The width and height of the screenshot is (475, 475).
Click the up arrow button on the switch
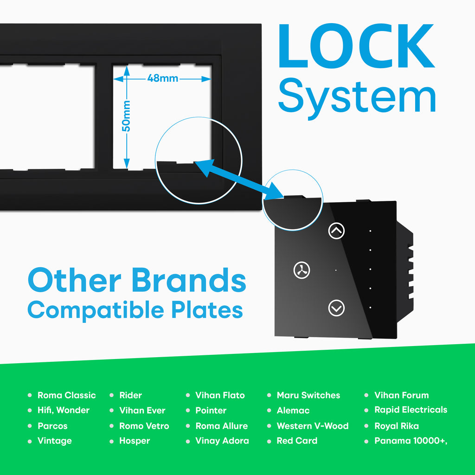(x=336, y=231)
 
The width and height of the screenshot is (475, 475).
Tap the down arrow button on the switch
(x=336, y=308)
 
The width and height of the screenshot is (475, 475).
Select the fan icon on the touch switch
(x=302, y=270)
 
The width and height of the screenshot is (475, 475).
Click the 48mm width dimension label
(x=163, y=78)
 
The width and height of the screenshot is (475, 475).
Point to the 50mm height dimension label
(x=126, y=116)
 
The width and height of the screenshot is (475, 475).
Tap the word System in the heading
(x=357, y=96)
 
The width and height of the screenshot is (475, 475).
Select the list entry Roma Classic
(x=67, y=395)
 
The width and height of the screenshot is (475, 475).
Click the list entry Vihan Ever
(x=142, y=410)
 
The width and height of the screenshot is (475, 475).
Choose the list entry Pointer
(x=211, y=410)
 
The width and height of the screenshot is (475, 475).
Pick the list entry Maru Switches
(x=308, y=395)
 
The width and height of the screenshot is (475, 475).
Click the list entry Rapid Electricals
(x=411, y=410)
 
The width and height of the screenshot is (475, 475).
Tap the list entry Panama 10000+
(x=411, y=441)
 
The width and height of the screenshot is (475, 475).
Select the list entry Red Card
(x=297, y=441)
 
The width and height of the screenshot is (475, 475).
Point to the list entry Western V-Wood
(x=313, y=426)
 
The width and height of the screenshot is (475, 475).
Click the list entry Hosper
(x=135, y=441)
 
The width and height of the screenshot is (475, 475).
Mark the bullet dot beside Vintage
(x=30, y=441)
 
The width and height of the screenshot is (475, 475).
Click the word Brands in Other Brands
(x=188, y=280)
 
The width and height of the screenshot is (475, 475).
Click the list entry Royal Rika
(x=397, y=426)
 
